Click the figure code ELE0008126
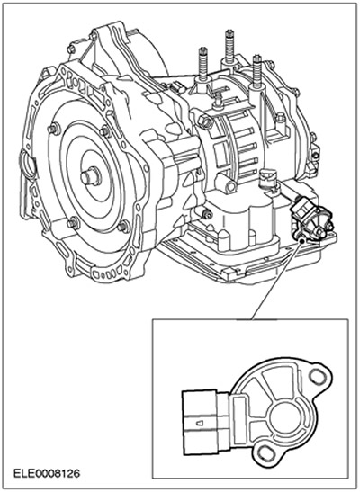(47, 473)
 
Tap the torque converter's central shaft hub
(91, 177)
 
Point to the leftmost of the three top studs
(203, 65)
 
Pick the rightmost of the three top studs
(257, 72)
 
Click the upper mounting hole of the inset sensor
(316, 375)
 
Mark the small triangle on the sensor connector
(200, 424)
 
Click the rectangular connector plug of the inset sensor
(201, 422)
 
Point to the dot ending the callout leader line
(301, 241)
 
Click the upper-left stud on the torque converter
(54, 129)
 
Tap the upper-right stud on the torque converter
(106, 130)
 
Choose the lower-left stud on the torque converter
(73, 223)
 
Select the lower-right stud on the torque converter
(124, 227)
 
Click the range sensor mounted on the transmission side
(310, 218)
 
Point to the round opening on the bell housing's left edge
(28, 165)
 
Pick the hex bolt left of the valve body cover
(207, 215)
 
